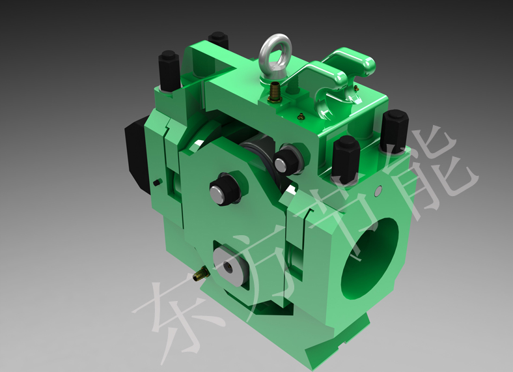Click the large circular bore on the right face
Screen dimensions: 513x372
[x=370, y=258]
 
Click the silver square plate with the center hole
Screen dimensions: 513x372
[x=230, y=266]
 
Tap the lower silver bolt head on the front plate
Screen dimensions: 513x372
[x=219, y=192]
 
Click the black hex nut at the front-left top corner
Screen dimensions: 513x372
[x=169, y=70]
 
